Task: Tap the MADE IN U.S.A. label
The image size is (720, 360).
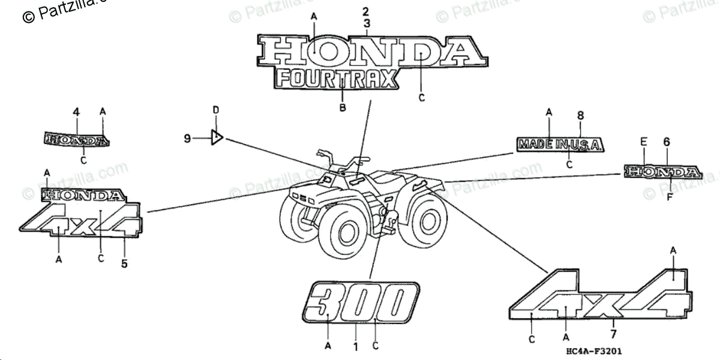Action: [x=560, y=145]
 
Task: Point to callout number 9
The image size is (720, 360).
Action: [x=187, y=139]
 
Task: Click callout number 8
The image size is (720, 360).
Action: [x=580, y=115]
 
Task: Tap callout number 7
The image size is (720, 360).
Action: [x=613, y=334]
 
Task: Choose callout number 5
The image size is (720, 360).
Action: [x=124, y=263]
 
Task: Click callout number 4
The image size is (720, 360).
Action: [x=76, y=112]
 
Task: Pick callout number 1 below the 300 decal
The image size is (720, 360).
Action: [x=355, y=346]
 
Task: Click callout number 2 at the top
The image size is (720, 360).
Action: [x=367, y=11]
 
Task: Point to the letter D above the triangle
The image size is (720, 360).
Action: [x=216, y=110]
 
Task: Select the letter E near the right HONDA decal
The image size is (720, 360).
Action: [x=644, y=142]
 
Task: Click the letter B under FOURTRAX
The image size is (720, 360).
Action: [x=343, y=108]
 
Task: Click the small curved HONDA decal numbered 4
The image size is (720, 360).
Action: [x=77, y=140]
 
